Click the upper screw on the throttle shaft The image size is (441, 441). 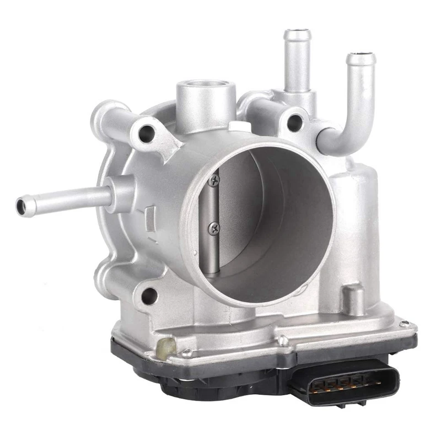tap(214, 178)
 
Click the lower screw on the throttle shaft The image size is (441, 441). tap(213, 225)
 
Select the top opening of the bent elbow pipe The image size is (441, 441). tap(361, 57)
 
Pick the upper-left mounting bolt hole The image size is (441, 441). tap(147, 131)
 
